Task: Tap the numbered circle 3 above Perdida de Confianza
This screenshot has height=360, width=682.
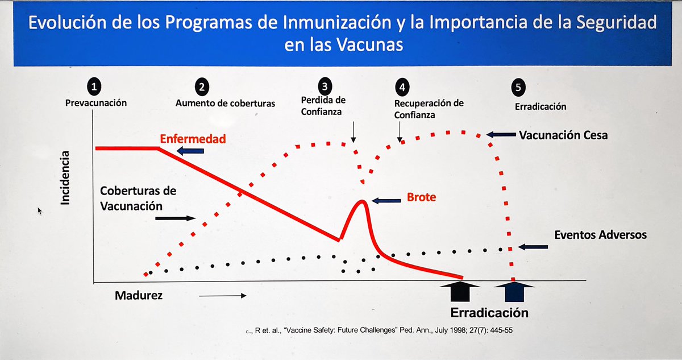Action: click(325, 86)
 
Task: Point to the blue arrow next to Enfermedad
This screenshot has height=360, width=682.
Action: click(190, 151)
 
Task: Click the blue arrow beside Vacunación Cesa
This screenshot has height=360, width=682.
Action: click(501, 135)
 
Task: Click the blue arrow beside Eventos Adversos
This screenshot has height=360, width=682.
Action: click(533, 247)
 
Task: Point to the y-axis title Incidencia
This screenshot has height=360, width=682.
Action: click(67, 177)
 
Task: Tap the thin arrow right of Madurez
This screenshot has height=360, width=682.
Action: click(222, 295)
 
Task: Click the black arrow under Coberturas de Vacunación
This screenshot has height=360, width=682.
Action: click(175, 218)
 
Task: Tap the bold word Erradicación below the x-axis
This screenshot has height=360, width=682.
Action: click(489, 312)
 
